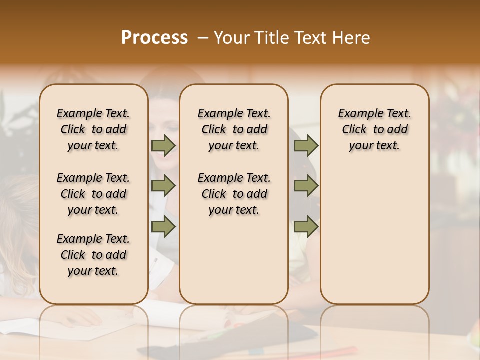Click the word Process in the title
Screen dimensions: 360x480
(154, 38)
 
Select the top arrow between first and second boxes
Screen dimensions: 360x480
(163, 145)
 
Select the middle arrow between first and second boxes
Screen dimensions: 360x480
(163, 186)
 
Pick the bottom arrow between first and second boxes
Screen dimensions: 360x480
(163, 226)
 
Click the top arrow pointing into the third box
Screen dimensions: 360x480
(306, 145)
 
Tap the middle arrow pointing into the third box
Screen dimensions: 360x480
(306, 186)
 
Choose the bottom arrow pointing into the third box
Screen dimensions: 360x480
(306, 226)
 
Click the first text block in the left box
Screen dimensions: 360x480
(93, 129)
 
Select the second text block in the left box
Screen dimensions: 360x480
(93, 194)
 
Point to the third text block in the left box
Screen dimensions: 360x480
(93, 255)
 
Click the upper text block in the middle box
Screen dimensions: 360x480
(234, 129)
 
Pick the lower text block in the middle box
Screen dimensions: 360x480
(234, 194)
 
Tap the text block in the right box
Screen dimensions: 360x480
(374, 129)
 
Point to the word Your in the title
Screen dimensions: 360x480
(231, 38)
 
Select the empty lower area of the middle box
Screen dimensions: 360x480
(234, 260)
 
